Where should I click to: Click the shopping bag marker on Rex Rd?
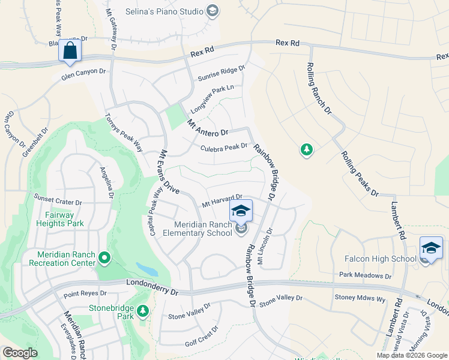pos(70,52)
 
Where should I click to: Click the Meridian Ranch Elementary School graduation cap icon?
pos(241,211)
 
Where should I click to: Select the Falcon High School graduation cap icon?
pos(431,247)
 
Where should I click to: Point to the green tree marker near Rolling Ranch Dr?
pos(307,149)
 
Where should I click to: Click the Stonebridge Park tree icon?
pos(142,311)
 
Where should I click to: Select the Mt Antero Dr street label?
pos(208,128)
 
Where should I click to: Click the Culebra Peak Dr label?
pos(224,147)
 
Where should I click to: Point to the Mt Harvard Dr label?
pos(221,200)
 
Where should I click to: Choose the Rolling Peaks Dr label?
pos(360,173)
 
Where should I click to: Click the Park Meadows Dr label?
pos(365,275)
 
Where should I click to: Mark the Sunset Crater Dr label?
pos(58,199)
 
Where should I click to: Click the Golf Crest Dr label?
pos(202,337)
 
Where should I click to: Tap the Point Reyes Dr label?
pos(85,294)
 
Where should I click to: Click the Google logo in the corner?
pos(20,353)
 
